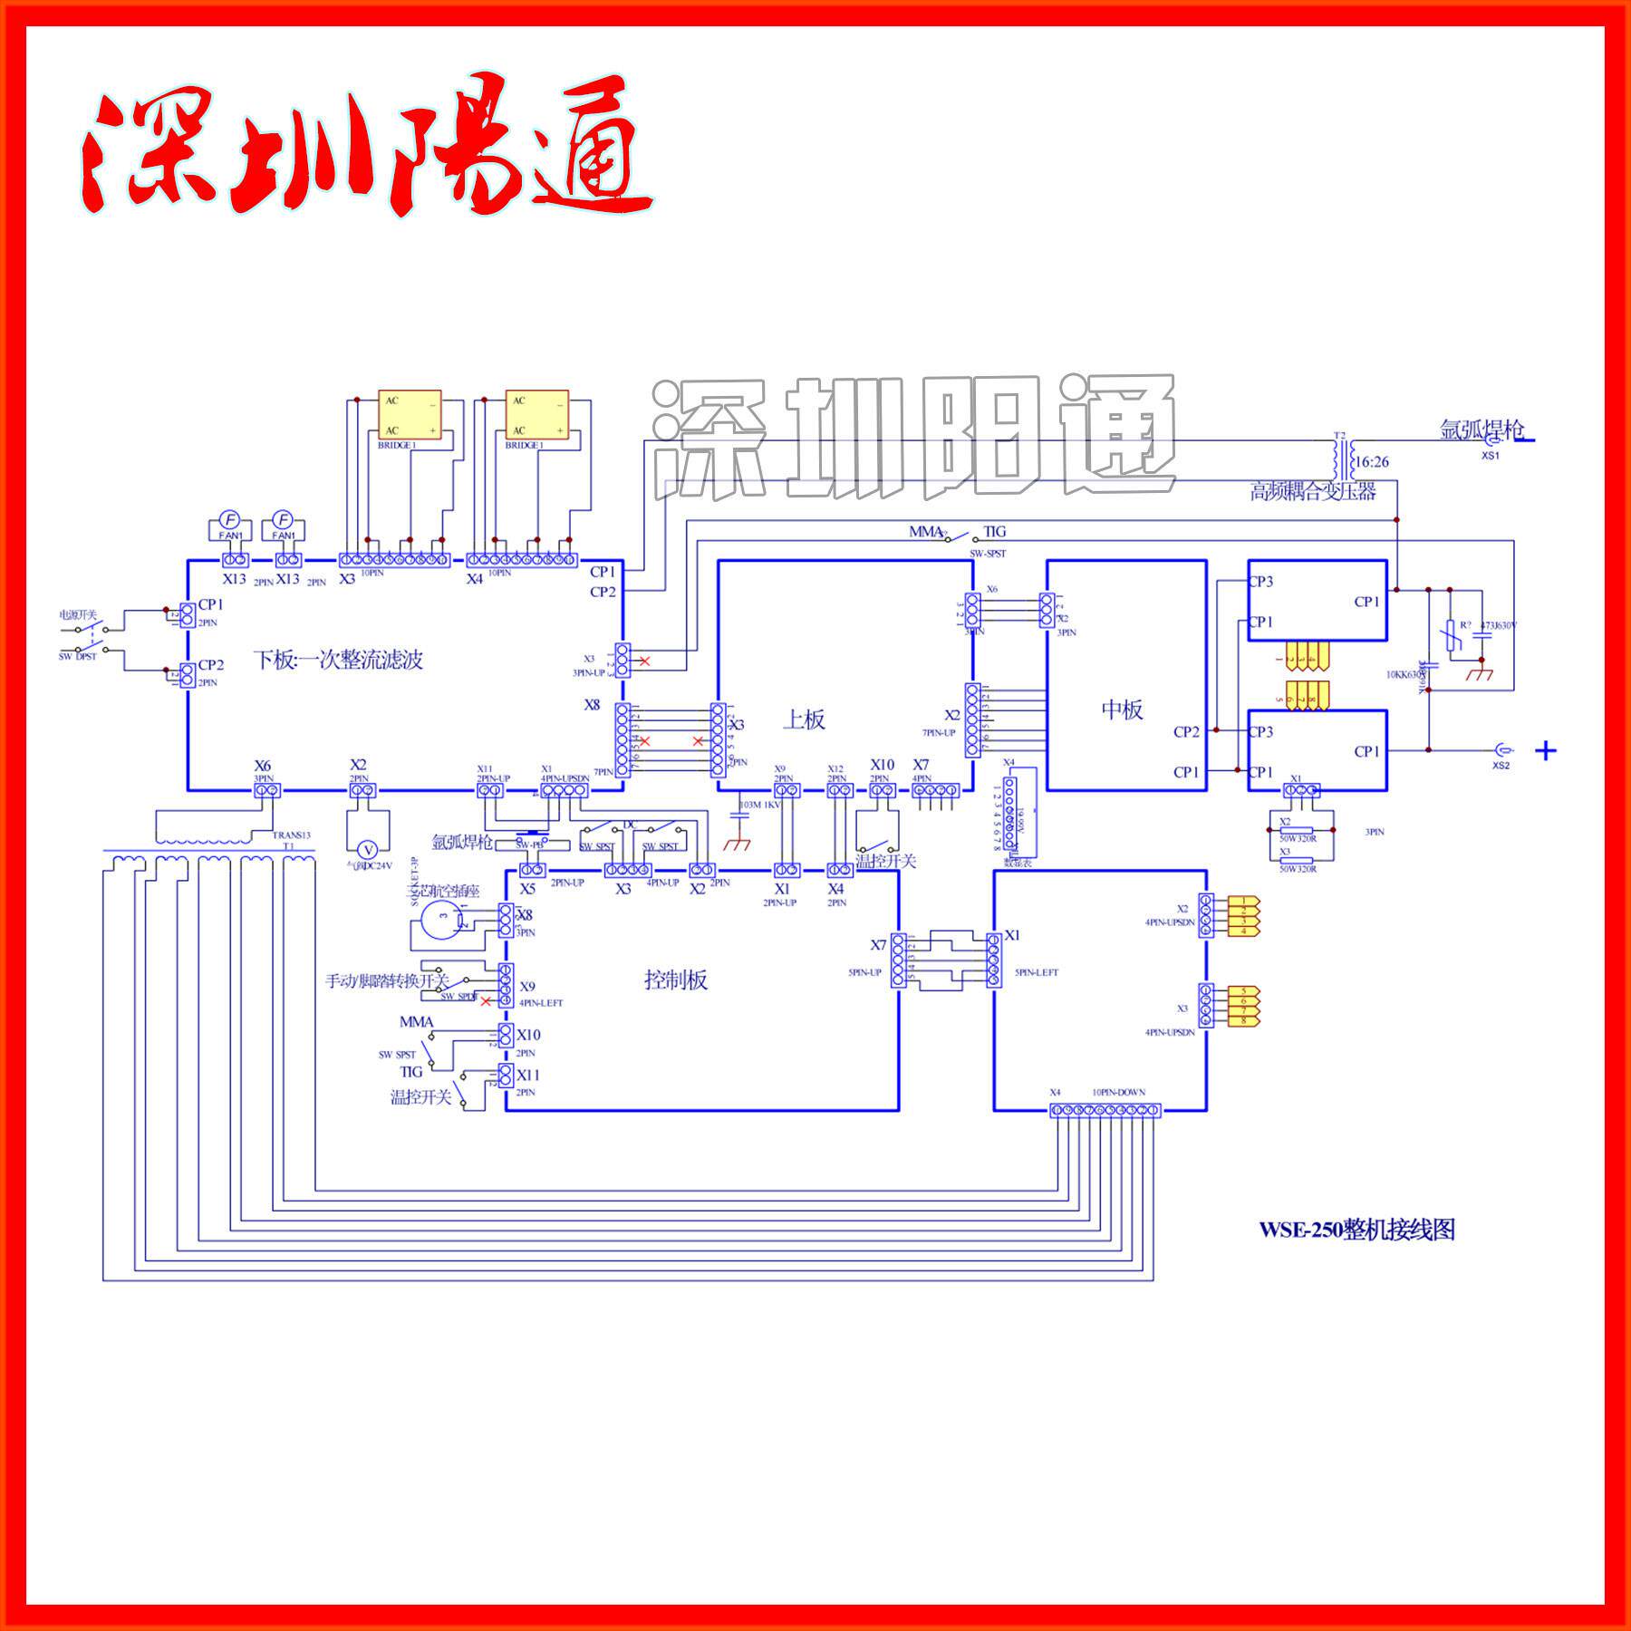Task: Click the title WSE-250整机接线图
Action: pyautogui.click(x=1356, y=1230)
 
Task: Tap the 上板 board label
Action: pyautogui.click(x=804, y=719)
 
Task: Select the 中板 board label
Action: pyautogui.click(x=1122, y=709)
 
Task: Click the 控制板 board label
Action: pyautogui.click(x=676, y=980)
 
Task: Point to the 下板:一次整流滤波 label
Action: pyautogui.click(x=337, y=660)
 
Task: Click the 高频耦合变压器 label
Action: pyautogui.click(x=1313, y=492)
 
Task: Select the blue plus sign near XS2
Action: pyautogui.click(x=1546, y=750)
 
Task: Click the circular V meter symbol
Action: pyautogui.click(x=368, y=849)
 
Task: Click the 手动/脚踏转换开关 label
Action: pyautogui.click(x=387, y=980)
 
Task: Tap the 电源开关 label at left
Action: pyautogui.click(x=77, y=615)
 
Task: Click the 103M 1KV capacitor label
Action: pyautogui.click(x=759, y=805)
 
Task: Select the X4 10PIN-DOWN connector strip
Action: pyautogui.click(x=1105, y=1110)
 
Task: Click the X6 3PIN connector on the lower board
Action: pyautogui.click(x=266, y=791)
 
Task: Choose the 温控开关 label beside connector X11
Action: pyautogui.click(x=420, y=1097)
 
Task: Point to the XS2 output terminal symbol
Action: pyautogui.click(x=1501, y=750)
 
